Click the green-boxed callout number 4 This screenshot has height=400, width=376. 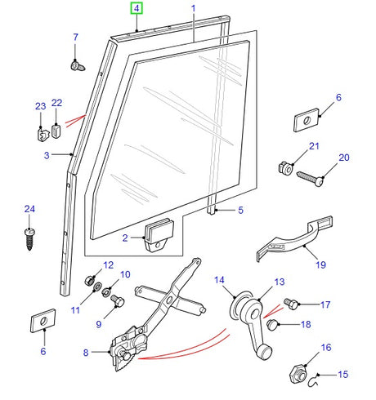tap(137, 9)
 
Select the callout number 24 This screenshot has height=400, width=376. tap(30, 210)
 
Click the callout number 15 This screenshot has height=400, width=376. tap(343, 376)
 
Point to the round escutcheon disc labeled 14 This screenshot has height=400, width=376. tap(242, 311)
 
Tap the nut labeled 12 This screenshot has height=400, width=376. tap(90, 281)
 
